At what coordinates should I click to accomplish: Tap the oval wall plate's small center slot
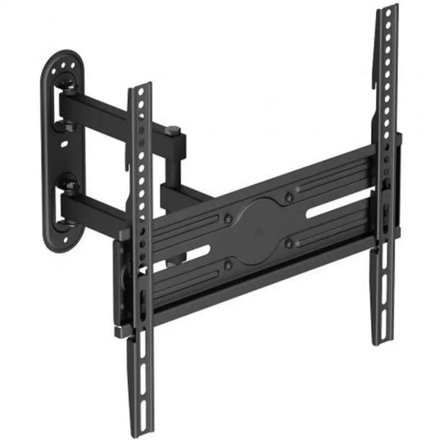65,143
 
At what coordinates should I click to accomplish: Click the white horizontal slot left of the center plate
192,255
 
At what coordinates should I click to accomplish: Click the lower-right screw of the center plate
289,243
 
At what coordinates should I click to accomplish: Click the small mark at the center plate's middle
259,231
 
